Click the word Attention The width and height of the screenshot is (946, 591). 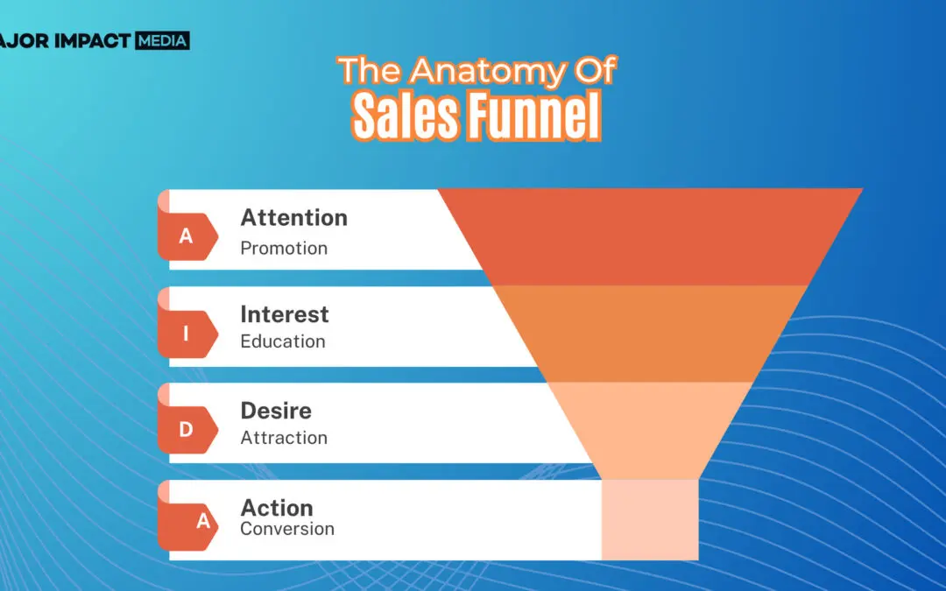point(293,218)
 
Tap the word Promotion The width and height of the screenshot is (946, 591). point(284,248)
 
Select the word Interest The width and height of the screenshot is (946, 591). point(284,314)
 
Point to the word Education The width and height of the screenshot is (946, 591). point(282,341)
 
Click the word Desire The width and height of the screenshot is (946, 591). point(276,411)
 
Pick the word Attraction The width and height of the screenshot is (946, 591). point(284,438)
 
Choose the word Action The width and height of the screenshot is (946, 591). point(276,508)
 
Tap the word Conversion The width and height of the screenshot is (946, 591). point(287,529)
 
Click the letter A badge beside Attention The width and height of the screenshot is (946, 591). point(187,236)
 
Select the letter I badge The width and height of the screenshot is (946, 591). point(187,333)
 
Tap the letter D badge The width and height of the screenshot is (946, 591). point(187,429)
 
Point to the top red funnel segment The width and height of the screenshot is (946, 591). point(650,236)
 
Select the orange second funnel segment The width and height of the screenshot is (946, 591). point(650,334)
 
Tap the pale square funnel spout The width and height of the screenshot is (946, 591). point(650,520)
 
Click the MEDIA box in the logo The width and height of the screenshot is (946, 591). point(162,40)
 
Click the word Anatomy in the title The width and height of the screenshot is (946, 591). point(488,71)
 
